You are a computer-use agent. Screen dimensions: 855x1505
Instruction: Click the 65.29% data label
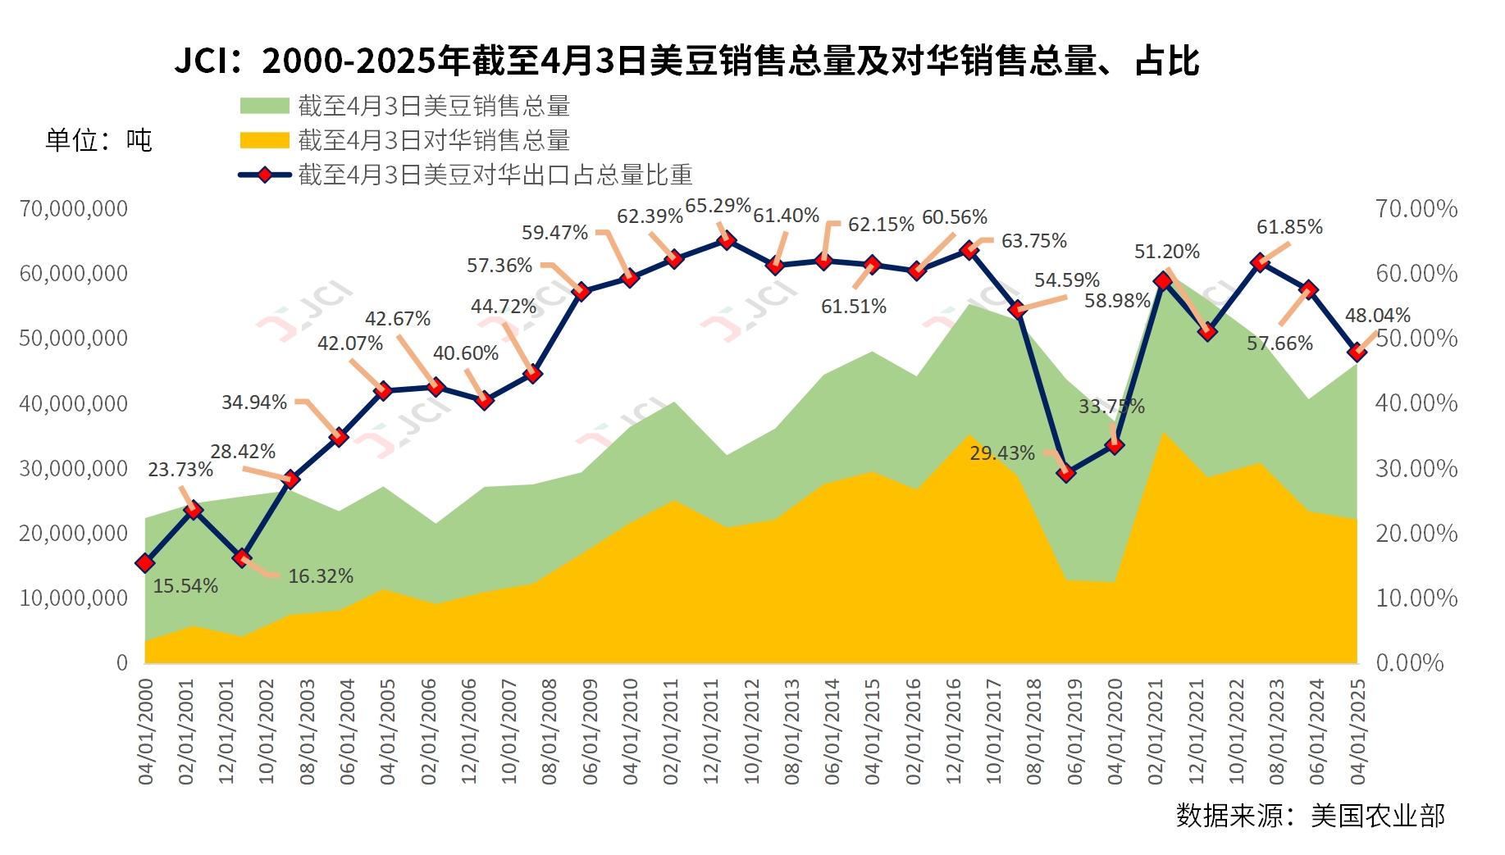coord(718,206)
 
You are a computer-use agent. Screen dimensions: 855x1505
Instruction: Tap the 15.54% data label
coord(185,586)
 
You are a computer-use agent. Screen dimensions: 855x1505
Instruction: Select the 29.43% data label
coord(1002,453)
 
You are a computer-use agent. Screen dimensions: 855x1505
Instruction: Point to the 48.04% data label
coord(1378,316)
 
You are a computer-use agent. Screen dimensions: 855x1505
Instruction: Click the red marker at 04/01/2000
coord(145,563)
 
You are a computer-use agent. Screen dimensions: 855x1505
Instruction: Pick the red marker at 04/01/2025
coord(1357,352)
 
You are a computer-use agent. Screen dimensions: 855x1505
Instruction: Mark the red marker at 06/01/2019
coord(1066,472)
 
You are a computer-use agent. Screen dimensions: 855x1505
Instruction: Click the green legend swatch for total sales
coord(264,106)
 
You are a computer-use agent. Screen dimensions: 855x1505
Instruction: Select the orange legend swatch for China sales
coord(264,140)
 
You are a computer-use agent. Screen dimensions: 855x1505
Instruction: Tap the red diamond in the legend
coord(264,175)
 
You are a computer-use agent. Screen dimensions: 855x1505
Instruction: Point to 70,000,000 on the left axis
coord(74,209)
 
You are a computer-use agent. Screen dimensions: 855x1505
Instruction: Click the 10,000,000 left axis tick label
coord(74,598)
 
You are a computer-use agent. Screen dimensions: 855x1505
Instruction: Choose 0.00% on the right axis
coord(1409,662)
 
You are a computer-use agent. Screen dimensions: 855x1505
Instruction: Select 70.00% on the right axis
coord(1416,209)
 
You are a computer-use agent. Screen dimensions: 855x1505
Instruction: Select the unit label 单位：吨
coord(98,141)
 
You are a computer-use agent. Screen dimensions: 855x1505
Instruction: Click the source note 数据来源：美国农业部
coord(1310,816)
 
